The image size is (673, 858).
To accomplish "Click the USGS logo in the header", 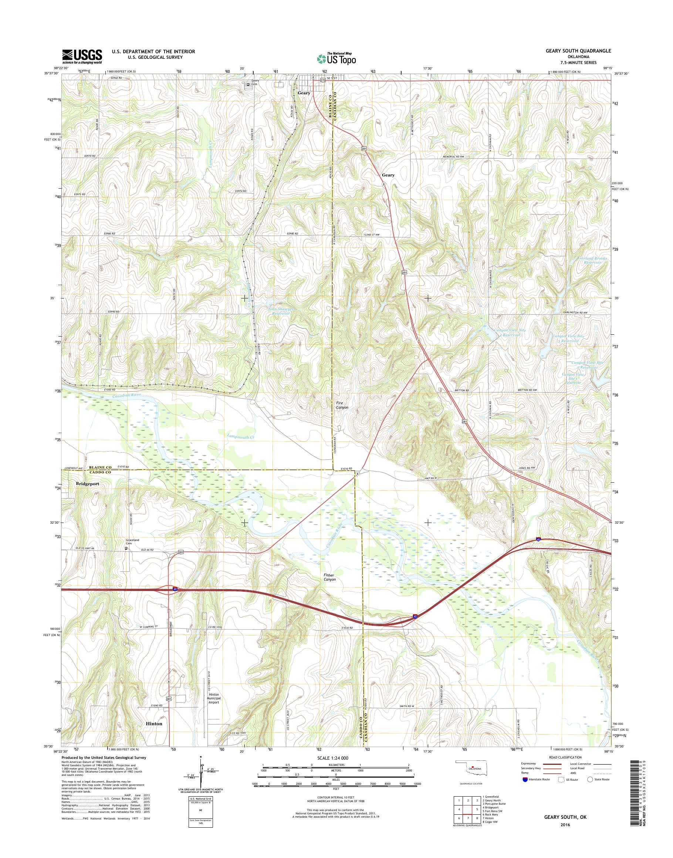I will [x=82, y=57].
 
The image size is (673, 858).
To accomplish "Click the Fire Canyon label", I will [x=342, y=405].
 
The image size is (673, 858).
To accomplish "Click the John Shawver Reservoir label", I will [x=281, y=311].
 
